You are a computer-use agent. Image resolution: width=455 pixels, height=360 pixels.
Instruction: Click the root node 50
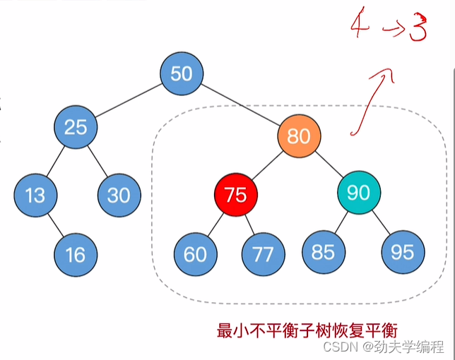(x=182, y=74)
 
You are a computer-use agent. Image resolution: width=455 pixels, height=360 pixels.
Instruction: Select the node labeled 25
(x=76, y=127)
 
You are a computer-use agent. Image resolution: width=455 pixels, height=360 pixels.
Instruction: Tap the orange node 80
(x=299, y=136)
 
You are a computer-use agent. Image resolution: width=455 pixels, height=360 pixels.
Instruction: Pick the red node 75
(x=235, y=194)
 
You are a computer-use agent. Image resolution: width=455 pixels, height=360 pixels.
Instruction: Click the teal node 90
(x=359, y=192)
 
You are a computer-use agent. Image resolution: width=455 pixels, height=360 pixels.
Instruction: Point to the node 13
(x=35, y=195)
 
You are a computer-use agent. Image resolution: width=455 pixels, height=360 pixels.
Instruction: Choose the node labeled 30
(x=119, y=195)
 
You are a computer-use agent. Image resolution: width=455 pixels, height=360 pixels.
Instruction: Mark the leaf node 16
(x=76, y=253)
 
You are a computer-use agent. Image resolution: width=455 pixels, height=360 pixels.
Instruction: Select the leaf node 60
(x=195, y=254)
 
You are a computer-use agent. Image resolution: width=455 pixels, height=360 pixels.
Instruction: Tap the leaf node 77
(x=263, y=254)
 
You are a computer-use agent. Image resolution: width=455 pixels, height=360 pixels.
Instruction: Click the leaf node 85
(x=323, y=252)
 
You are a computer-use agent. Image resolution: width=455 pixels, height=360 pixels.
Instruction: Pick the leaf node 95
(x=402, y=252)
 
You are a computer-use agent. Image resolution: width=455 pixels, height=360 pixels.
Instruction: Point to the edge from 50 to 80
(x=240, y=104)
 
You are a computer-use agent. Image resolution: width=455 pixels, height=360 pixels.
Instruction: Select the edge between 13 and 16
(x=55, y=224)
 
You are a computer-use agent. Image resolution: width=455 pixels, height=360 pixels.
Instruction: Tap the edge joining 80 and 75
(x=267, y=164)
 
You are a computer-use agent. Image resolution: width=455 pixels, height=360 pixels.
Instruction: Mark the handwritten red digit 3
(x=416, y=30)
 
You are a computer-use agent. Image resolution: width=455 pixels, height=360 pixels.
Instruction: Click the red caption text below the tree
(x=307, y=330)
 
